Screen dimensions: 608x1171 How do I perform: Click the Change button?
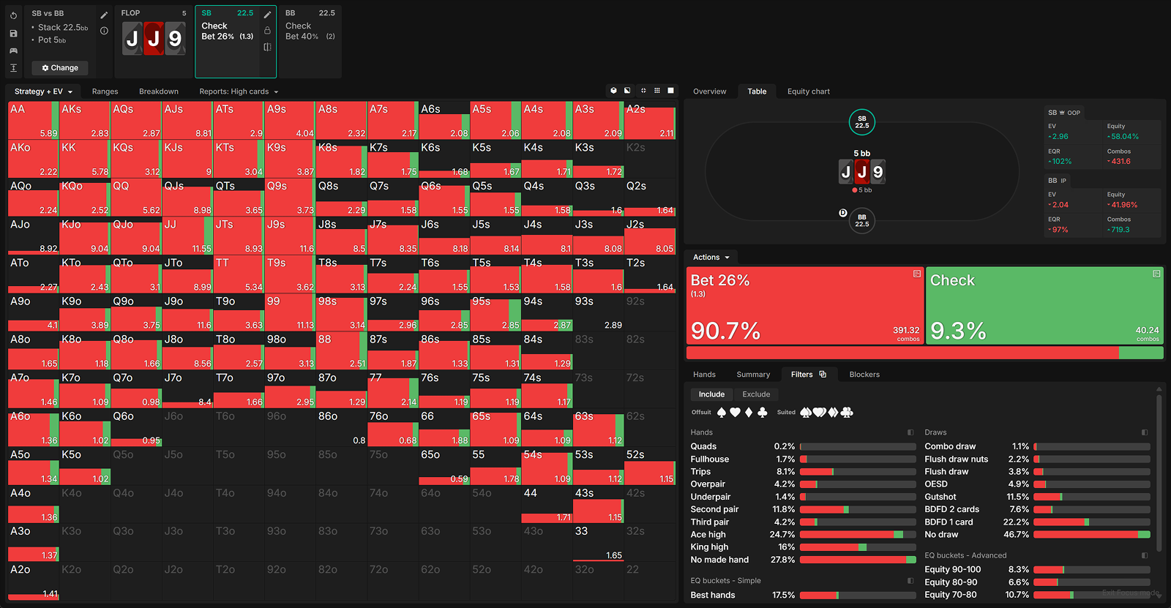tap(60, 68)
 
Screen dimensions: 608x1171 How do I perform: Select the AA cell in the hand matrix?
tap(33, 121)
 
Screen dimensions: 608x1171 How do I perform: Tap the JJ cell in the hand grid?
tap(187, 236)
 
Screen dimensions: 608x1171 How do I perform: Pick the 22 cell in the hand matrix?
tap(650, 581)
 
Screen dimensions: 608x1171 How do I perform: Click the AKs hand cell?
tap(84, 121)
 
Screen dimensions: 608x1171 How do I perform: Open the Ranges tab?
tap(105, 91)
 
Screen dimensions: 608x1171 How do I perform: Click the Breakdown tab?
tap(159, 91)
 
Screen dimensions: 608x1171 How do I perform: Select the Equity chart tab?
tap(808, 91)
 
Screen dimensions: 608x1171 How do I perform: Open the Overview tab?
tap(709, 91)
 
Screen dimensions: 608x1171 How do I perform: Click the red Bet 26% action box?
tap(804, 305)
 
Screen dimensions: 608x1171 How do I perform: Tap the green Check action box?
tap(1044, 305)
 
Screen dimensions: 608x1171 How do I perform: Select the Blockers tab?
tap(864, 375)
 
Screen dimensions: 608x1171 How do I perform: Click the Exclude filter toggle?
tap(756, 394)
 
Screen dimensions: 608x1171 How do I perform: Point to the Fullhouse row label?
tap(709, 459)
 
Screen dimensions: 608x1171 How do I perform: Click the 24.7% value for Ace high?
tap(782, 535)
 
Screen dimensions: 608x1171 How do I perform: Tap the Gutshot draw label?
tap(940, 497)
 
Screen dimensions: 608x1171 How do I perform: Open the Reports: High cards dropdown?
tap(239, 91)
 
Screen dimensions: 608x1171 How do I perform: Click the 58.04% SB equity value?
tap(1124, 137)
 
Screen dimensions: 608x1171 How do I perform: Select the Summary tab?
tap(753, 375)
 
